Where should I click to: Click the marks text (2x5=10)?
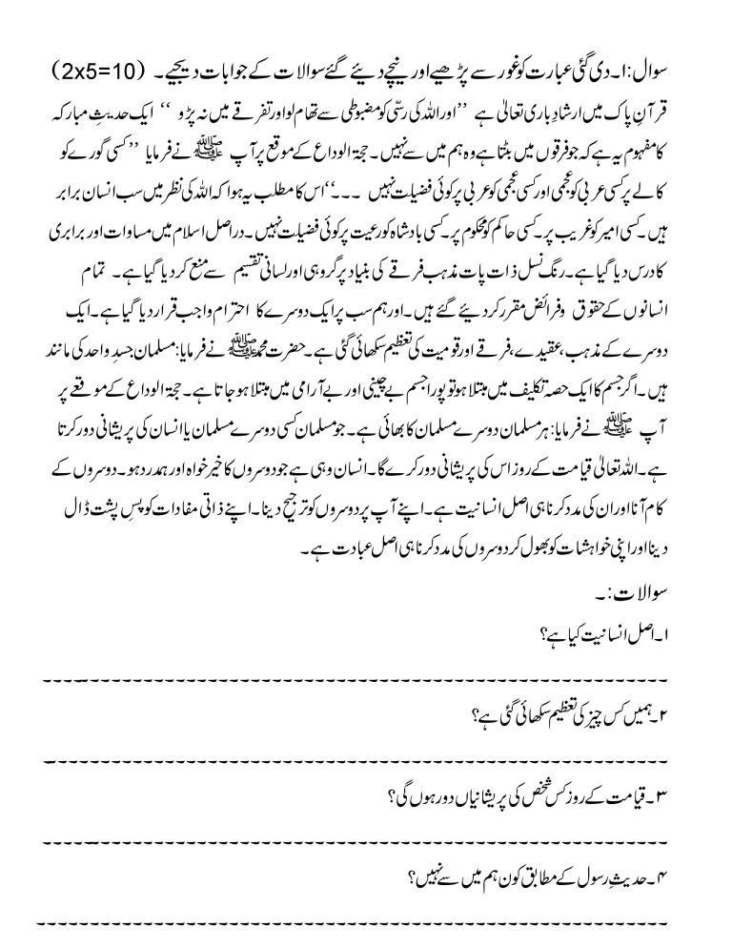tap(97, 72)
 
